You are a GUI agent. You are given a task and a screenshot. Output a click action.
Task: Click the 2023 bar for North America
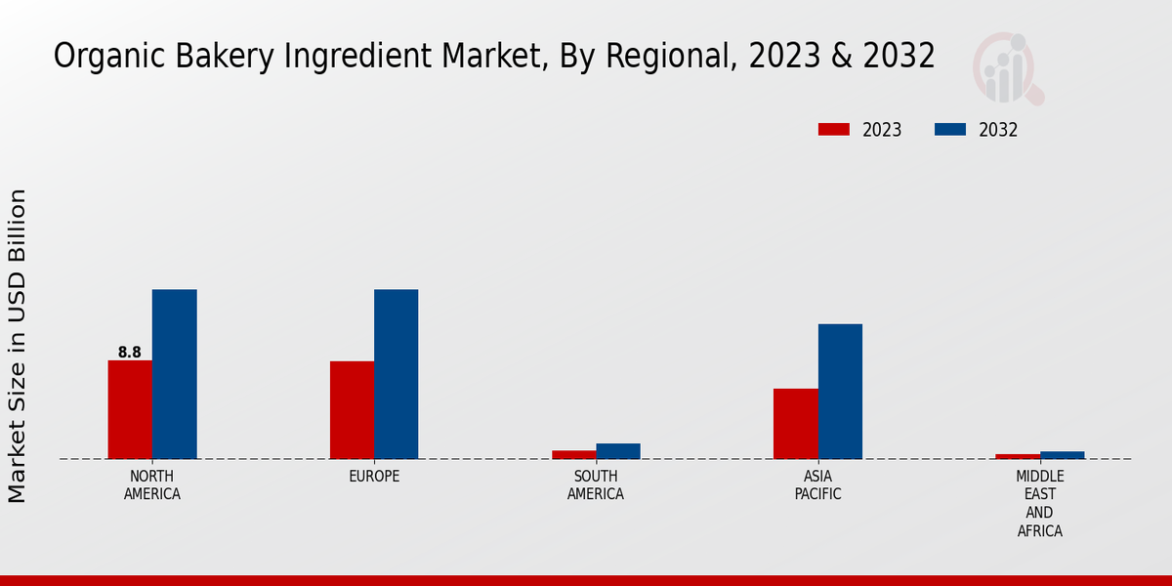tap(130, 409)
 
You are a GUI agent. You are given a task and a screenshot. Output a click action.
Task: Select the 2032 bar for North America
tap(174, 374)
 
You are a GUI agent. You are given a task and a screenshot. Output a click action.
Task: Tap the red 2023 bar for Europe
tap(352, 410)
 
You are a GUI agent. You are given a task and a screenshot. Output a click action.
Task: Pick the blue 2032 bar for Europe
tap(396, 374)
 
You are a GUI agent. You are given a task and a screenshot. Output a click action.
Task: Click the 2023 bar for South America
tap(573, 454)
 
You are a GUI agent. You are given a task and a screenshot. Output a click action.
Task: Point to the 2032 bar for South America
tap(618, 451)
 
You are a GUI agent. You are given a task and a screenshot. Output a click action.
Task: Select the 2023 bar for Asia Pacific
tap(796, 424)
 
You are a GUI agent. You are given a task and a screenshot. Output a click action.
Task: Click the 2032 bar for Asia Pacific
tap(840, 391)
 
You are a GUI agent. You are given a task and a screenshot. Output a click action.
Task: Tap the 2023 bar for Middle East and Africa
tap(1018, 456)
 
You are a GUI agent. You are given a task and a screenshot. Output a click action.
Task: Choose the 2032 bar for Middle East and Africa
tap(1062, 455)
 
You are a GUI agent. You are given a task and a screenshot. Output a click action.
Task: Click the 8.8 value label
tap(130, 353)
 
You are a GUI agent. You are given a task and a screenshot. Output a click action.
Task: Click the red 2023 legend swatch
tap(834, 130)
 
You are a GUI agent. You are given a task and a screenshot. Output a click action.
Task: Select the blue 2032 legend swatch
tap(950, 130)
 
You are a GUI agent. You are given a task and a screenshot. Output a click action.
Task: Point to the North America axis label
tap(152, 485)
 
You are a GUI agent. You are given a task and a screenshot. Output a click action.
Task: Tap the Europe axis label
tap(374, 477)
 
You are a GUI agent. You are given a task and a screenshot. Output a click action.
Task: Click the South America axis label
tap(596, 485)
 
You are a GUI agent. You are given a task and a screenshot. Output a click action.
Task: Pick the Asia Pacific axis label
tap(817, 485)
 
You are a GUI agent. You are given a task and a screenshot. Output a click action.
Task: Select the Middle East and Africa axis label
tap(1039, 504)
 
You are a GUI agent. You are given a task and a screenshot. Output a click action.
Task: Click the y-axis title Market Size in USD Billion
tap(18, 347)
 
